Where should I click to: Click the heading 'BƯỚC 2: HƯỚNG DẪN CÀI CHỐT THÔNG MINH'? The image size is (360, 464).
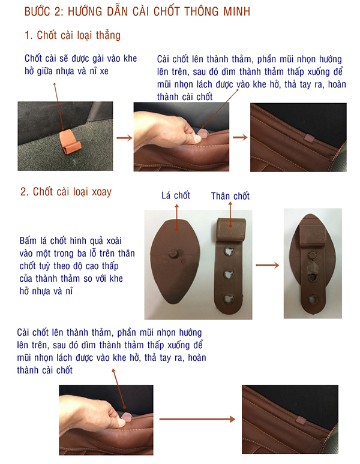(137, 11)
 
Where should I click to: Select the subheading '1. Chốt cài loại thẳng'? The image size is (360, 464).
(73, 35)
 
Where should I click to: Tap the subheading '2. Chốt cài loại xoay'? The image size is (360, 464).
(66, 192)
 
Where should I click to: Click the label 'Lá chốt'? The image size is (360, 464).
(176, 195)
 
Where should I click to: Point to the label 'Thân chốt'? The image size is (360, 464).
(230, 196)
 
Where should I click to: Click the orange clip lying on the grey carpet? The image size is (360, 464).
(70, 141)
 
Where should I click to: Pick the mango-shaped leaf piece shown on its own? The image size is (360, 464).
(176, 261)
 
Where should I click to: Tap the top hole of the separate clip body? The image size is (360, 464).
(228, 252)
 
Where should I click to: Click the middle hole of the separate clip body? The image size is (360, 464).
(228, 275)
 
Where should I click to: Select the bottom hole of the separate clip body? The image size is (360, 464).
(228, 300)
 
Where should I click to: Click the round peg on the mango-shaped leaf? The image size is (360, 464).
(174, 254)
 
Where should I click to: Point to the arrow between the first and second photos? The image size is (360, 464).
(124, 138)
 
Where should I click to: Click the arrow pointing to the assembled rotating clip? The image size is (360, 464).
(268, 265)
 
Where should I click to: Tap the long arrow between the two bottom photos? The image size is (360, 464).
(197, 419)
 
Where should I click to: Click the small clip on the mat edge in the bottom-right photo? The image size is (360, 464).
(301, 420)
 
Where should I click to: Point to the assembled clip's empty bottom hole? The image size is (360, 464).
(313, 300)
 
